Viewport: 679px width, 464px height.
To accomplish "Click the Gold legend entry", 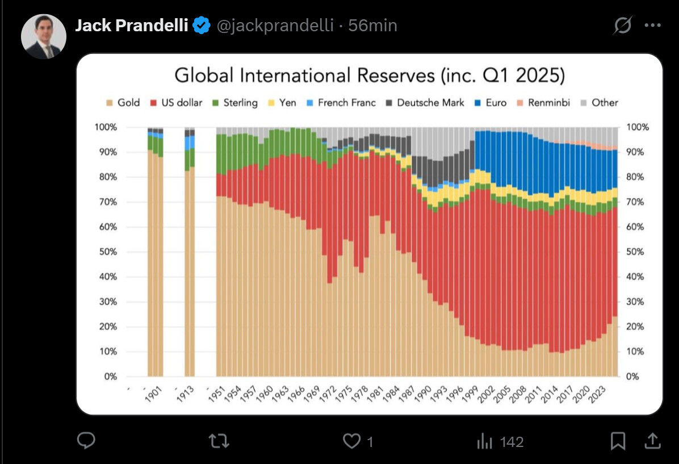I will pos(123,103).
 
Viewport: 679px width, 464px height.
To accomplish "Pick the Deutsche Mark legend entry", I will pos(425,103).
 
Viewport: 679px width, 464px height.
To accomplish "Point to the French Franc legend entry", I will pos(341,103).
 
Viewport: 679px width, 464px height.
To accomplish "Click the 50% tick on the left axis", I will pos(106,252).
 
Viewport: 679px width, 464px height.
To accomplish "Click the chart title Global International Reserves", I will pos(369,76).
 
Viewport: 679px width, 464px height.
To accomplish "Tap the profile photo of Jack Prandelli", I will pos(44,37).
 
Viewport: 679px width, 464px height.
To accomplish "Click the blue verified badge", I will pos(202,26).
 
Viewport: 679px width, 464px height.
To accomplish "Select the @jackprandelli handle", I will pos(275,26).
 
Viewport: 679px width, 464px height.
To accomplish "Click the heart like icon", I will pos(353,441).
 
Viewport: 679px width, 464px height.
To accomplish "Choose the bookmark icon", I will pos(618,441).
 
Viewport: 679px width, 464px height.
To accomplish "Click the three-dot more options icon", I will pos(653,26).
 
